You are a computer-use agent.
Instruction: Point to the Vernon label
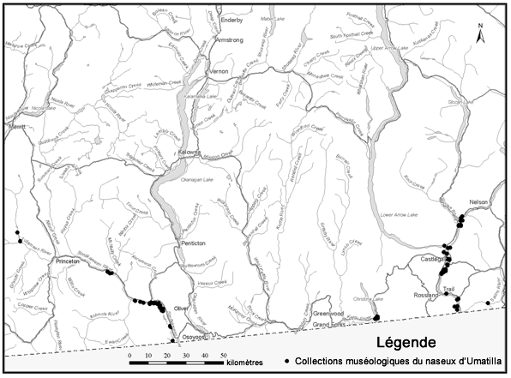[218, 73]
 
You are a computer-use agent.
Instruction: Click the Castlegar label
[431, 258]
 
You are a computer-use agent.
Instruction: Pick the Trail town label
[448, 291]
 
